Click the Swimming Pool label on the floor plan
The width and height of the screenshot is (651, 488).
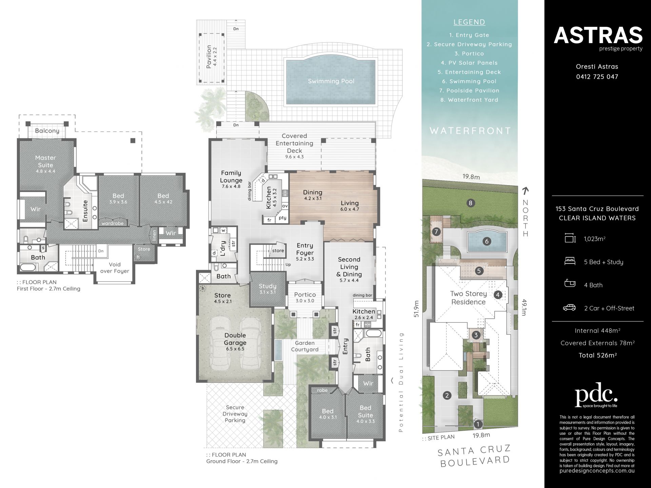coord(331,81)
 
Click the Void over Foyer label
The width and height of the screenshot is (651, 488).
coord(115,268)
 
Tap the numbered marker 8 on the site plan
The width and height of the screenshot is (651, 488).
coord(470,203)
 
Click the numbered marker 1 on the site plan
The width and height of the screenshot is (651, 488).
coord(478,424)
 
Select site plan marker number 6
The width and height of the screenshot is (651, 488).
coord(487,241)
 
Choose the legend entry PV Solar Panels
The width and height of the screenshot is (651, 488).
coord(469,63)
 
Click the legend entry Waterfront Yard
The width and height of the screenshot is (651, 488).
coord(469,100)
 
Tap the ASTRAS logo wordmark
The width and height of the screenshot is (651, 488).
coord(598,35)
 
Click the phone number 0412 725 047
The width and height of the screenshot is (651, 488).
coord(597,77)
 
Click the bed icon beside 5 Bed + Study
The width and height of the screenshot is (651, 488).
coord(570,261)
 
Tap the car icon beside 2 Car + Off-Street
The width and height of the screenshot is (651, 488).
coord(570,308)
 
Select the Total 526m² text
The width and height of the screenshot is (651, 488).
coord(597,355)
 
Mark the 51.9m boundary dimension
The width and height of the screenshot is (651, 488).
coord(416,309)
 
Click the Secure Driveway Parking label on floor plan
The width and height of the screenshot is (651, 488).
coord(235,414)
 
